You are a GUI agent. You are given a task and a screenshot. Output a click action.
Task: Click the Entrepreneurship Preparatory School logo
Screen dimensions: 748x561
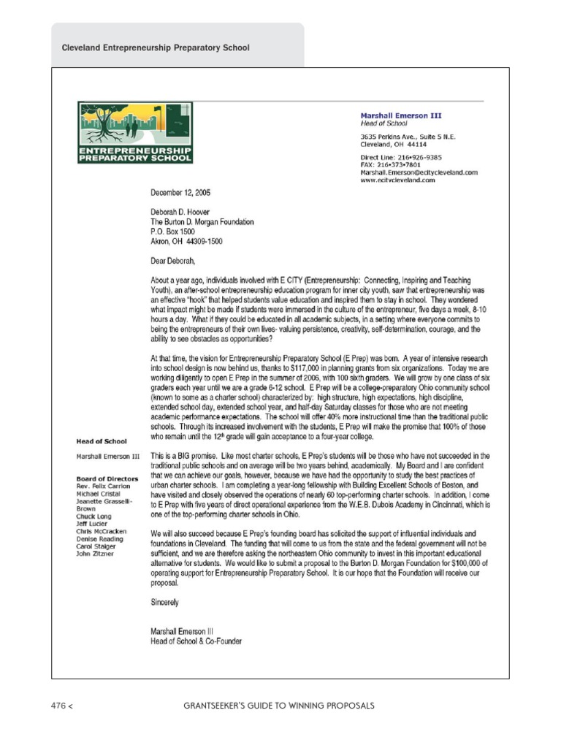136,133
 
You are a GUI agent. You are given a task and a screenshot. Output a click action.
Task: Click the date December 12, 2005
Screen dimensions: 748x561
180,193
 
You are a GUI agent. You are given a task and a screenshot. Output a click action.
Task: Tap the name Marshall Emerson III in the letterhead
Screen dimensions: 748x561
401,115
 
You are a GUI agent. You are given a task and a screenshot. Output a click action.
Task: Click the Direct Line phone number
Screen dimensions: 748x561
401,157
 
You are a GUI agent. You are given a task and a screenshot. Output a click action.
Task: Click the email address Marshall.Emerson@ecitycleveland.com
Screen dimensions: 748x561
419,172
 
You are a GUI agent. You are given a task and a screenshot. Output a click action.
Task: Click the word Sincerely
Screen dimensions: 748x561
164,603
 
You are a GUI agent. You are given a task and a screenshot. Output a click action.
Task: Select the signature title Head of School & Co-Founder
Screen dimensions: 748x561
196,641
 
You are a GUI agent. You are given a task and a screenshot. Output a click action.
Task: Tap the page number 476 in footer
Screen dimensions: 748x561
59,706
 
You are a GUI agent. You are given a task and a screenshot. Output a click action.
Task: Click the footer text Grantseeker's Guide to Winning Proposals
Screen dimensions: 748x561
280,706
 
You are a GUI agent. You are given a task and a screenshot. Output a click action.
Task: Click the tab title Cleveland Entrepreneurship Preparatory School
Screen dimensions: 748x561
156,47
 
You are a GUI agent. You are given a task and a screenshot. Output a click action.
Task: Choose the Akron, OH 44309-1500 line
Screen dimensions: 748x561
186,240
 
